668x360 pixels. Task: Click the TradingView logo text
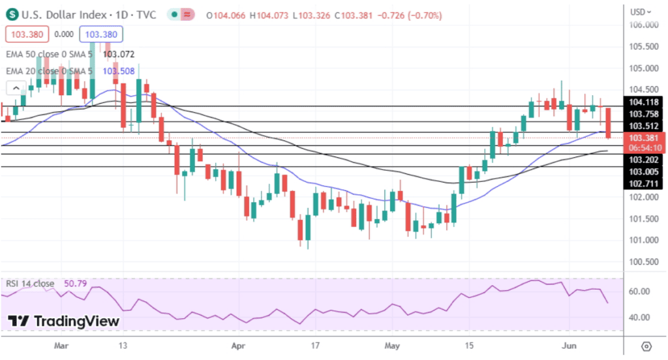76,321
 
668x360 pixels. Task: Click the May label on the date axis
391,346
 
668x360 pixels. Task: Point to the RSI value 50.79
75,284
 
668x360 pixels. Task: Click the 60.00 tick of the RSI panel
639,291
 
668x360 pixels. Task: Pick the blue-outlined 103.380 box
101,34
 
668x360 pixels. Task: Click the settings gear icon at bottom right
646,346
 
